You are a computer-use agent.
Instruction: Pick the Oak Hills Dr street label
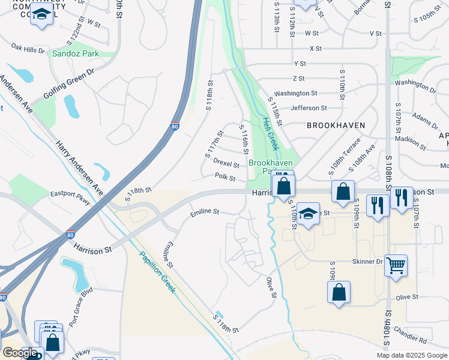coord(28,47)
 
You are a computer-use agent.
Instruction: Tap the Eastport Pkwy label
coord(70,198)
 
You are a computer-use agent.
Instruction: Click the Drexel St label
coord(226,163)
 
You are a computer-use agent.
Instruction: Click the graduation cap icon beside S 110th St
coord(308,214)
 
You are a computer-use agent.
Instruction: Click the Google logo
coord(20,353)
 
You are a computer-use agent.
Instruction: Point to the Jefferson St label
coord(309,108)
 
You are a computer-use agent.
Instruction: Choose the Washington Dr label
coord(415,85)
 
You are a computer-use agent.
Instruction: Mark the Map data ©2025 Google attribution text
coord(411,355)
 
